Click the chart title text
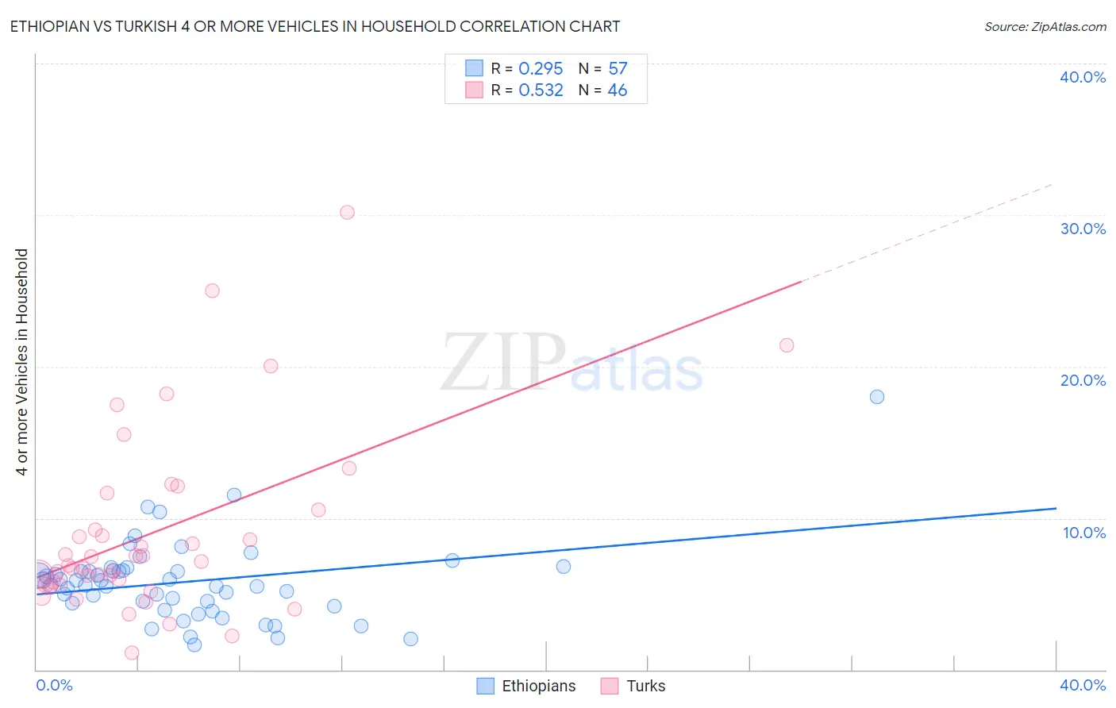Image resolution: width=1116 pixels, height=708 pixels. coord(315,26)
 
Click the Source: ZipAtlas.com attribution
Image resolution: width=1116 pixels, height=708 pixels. coord(1045,26)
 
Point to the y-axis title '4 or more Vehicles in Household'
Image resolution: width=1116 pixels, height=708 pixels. coord(22,362)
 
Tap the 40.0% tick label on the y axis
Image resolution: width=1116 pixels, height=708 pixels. coord(1083,77)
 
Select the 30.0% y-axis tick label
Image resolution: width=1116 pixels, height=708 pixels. coord(1083,229)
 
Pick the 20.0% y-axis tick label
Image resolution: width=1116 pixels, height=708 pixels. coord(1083,380)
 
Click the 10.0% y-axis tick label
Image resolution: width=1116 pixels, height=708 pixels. coord(1084,533)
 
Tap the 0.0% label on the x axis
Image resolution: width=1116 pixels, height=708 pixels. coord(54,685)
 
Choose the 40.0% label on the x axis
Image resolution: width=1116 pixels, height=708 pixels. coord(1083,685)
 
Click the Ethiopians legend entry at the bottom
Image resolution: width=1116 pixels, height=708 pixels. coord(527,686)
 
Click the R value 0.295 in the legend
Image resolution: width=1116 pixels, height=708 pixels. coord(541,69)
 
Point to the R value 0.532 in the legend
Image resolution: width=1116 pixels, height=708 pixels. coord(541,90)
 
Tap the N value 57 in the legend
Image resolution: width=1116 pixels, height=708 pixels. coord(618,69)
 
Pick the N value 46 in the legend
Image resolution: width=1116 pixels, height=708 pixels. coord(618,90)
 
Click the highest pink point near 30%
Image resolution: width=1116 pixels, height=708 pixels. coord(347,212)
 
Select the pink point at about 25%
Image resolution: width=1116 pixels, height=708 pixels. coord(212,291)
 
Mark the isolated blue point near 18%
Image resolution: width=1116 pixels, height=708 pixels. coord(877,397)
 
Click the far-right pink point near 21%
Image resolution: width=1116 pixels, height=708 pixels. coord(787,345)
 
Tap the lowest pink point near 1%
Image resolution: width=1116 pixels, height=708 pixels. coord(132,653)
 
